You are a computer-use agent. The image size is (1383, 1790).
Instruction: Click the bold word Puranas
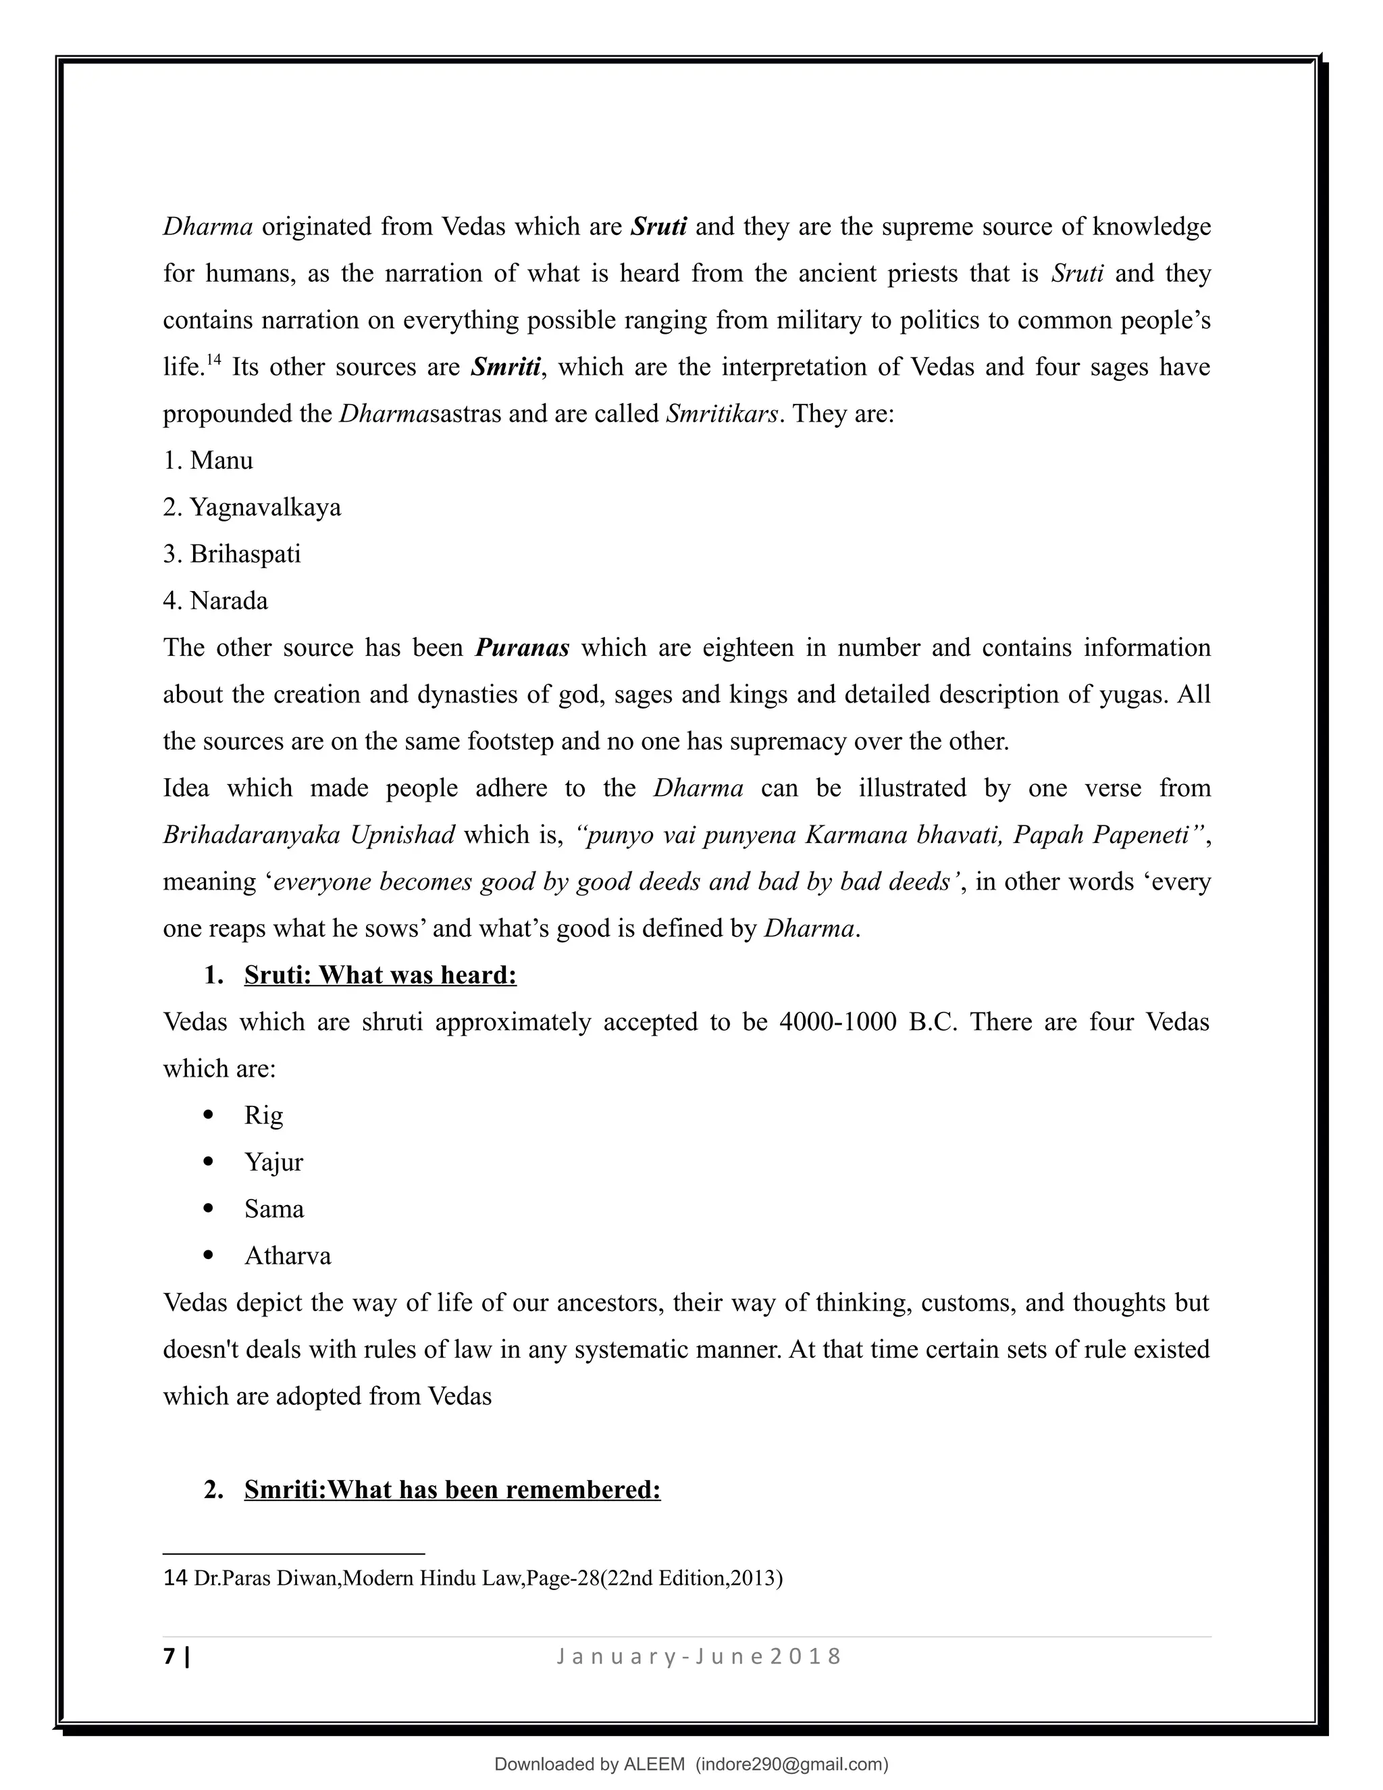522,648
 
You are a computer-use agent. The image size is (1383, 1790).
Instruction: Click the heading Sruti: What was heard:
380,975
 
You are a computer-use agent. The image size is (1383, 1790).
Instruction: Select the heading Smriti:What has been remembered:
452,1489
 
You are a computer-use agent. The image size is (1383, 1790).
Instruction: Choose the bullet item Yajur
273,1162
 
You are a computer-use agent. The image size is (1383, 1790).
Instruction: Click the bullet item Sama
273,1209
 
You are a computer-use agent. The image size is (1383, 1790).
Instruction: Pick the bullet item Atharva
288,1256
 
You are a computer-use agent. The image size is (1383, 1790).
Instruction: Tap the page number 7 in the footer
169,1656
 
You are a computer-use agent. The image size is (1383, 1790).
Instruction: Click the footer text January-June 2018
699,1656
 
